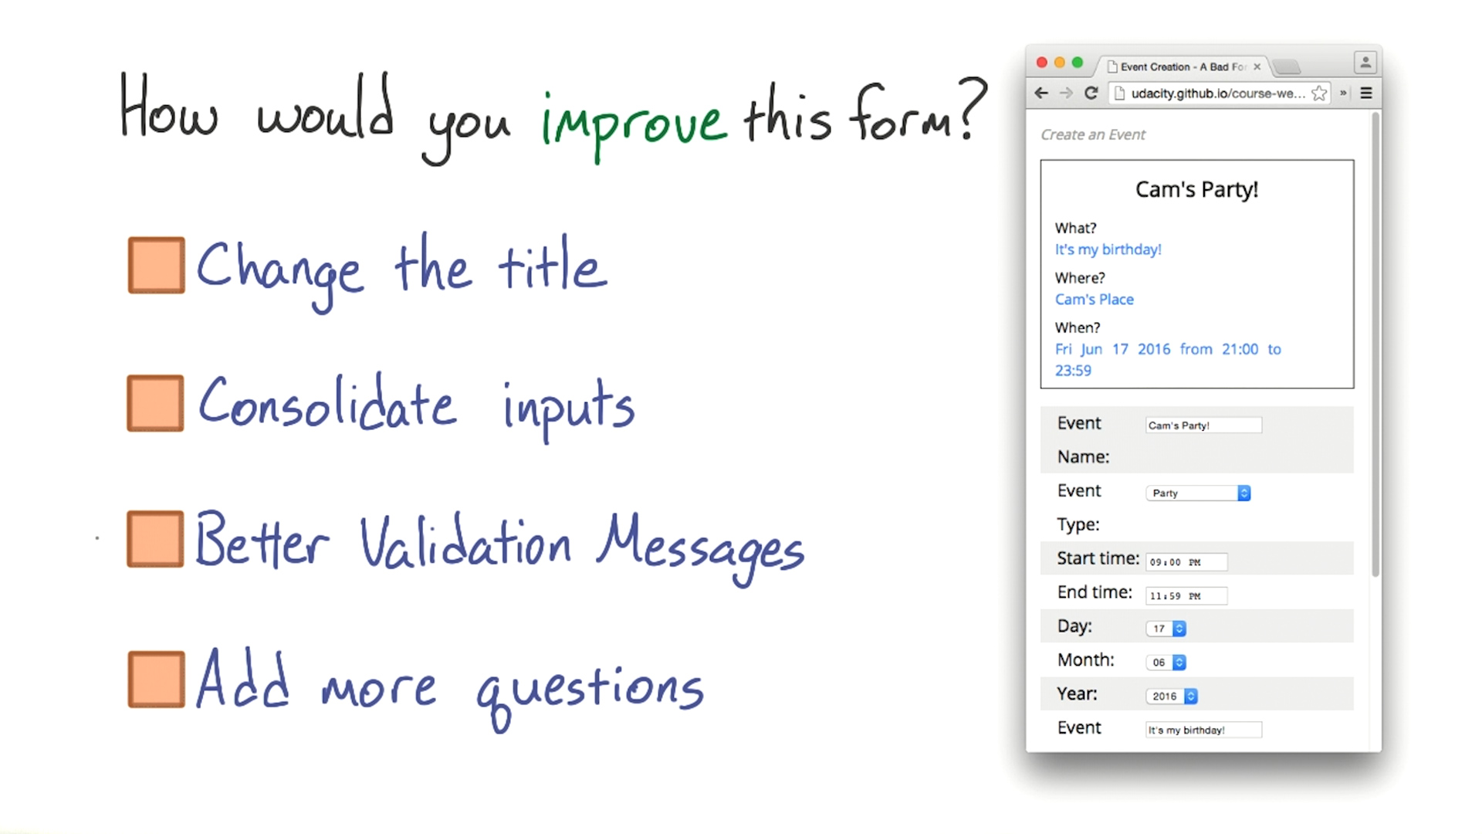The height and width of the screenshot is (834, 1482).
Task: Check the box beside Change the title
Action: click(157, 265)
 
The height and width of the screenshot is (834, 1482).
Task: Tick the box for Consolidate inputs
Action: click(156, 403)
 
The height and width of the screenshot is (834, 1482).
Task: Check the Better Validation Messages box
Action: click(156, 539)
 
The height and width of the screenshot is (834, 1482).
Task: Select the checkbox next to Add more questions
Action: click(157, 679)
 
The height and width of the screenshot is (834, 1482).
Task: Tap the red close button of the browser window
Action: click(1041, 63)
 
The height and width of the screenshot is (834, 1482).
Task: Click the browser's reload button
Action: click(1091, 93)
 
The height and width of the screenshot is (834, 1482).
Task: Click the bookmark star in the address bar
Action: click(1319, 93)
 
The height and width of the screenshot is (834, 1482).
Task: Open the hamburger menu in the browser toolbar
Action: click(1366, 93)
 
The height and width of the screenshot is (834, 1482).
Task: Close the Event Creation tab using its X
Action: click(1257, 67)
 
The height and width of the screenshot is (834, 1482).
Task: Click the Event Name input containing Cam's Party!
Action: click(1203, 425)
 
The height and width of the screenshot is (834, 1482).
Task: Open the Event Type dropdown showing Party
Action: click(1198, 493)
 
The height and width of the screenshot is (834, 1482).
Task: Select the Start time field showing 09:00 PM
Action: click(1186, 562)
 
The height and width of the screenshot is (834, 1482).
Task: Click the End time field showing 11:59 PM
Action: click(1186, 596)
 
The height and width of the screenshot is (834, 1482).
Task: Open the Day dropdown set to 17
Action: click(1166, 629)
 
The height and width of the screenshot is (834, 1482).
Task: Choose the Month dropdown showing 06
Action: click(1166, 663)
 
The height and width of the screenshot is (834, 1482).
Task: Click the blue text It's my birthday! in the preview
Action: click(1108, 249)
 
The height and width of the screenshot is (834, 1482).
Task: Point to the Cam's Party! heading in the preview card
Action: click(1196, 189)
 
